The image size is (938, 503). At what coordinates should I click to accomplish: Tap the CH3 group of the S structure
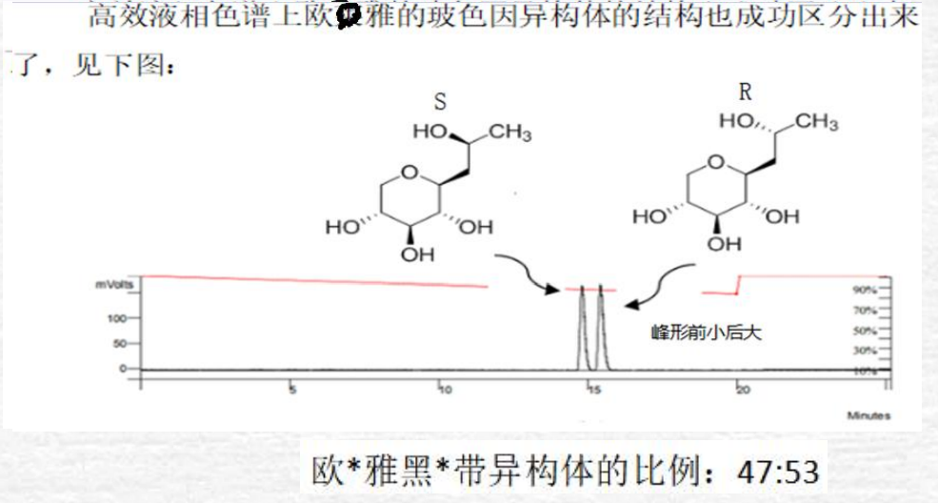(510, 132)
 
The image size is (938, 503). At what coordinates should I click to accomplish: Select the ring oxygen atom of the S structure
(409, 173)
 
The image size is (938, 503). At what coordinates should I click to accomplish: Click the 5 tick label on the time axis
(292, 390)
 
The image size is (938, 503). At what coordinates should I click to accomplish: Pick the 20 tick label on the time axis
(743, 390)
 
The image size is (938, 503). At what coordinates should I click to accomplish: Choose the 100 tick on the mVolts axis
(116, 318)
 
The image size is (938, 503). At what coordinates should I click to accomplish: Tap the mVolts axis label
(112, 284)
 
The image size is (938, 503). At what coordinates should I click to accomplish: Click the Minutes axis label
(868, 415)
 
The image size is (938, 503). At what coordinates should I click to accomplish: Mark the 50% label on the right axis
(864, 332)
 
